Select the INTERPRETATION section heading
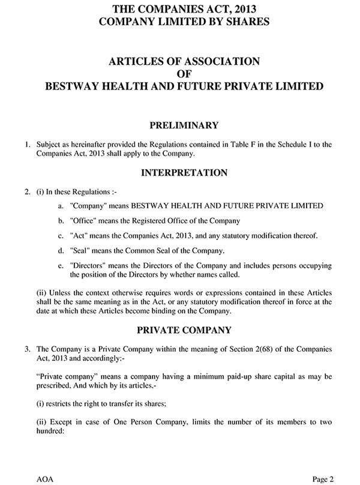184,173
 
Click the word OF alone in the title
184,74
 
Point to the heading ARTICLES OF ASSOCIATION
183,61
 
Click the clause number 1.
26,145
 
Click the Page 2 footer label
322,478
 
